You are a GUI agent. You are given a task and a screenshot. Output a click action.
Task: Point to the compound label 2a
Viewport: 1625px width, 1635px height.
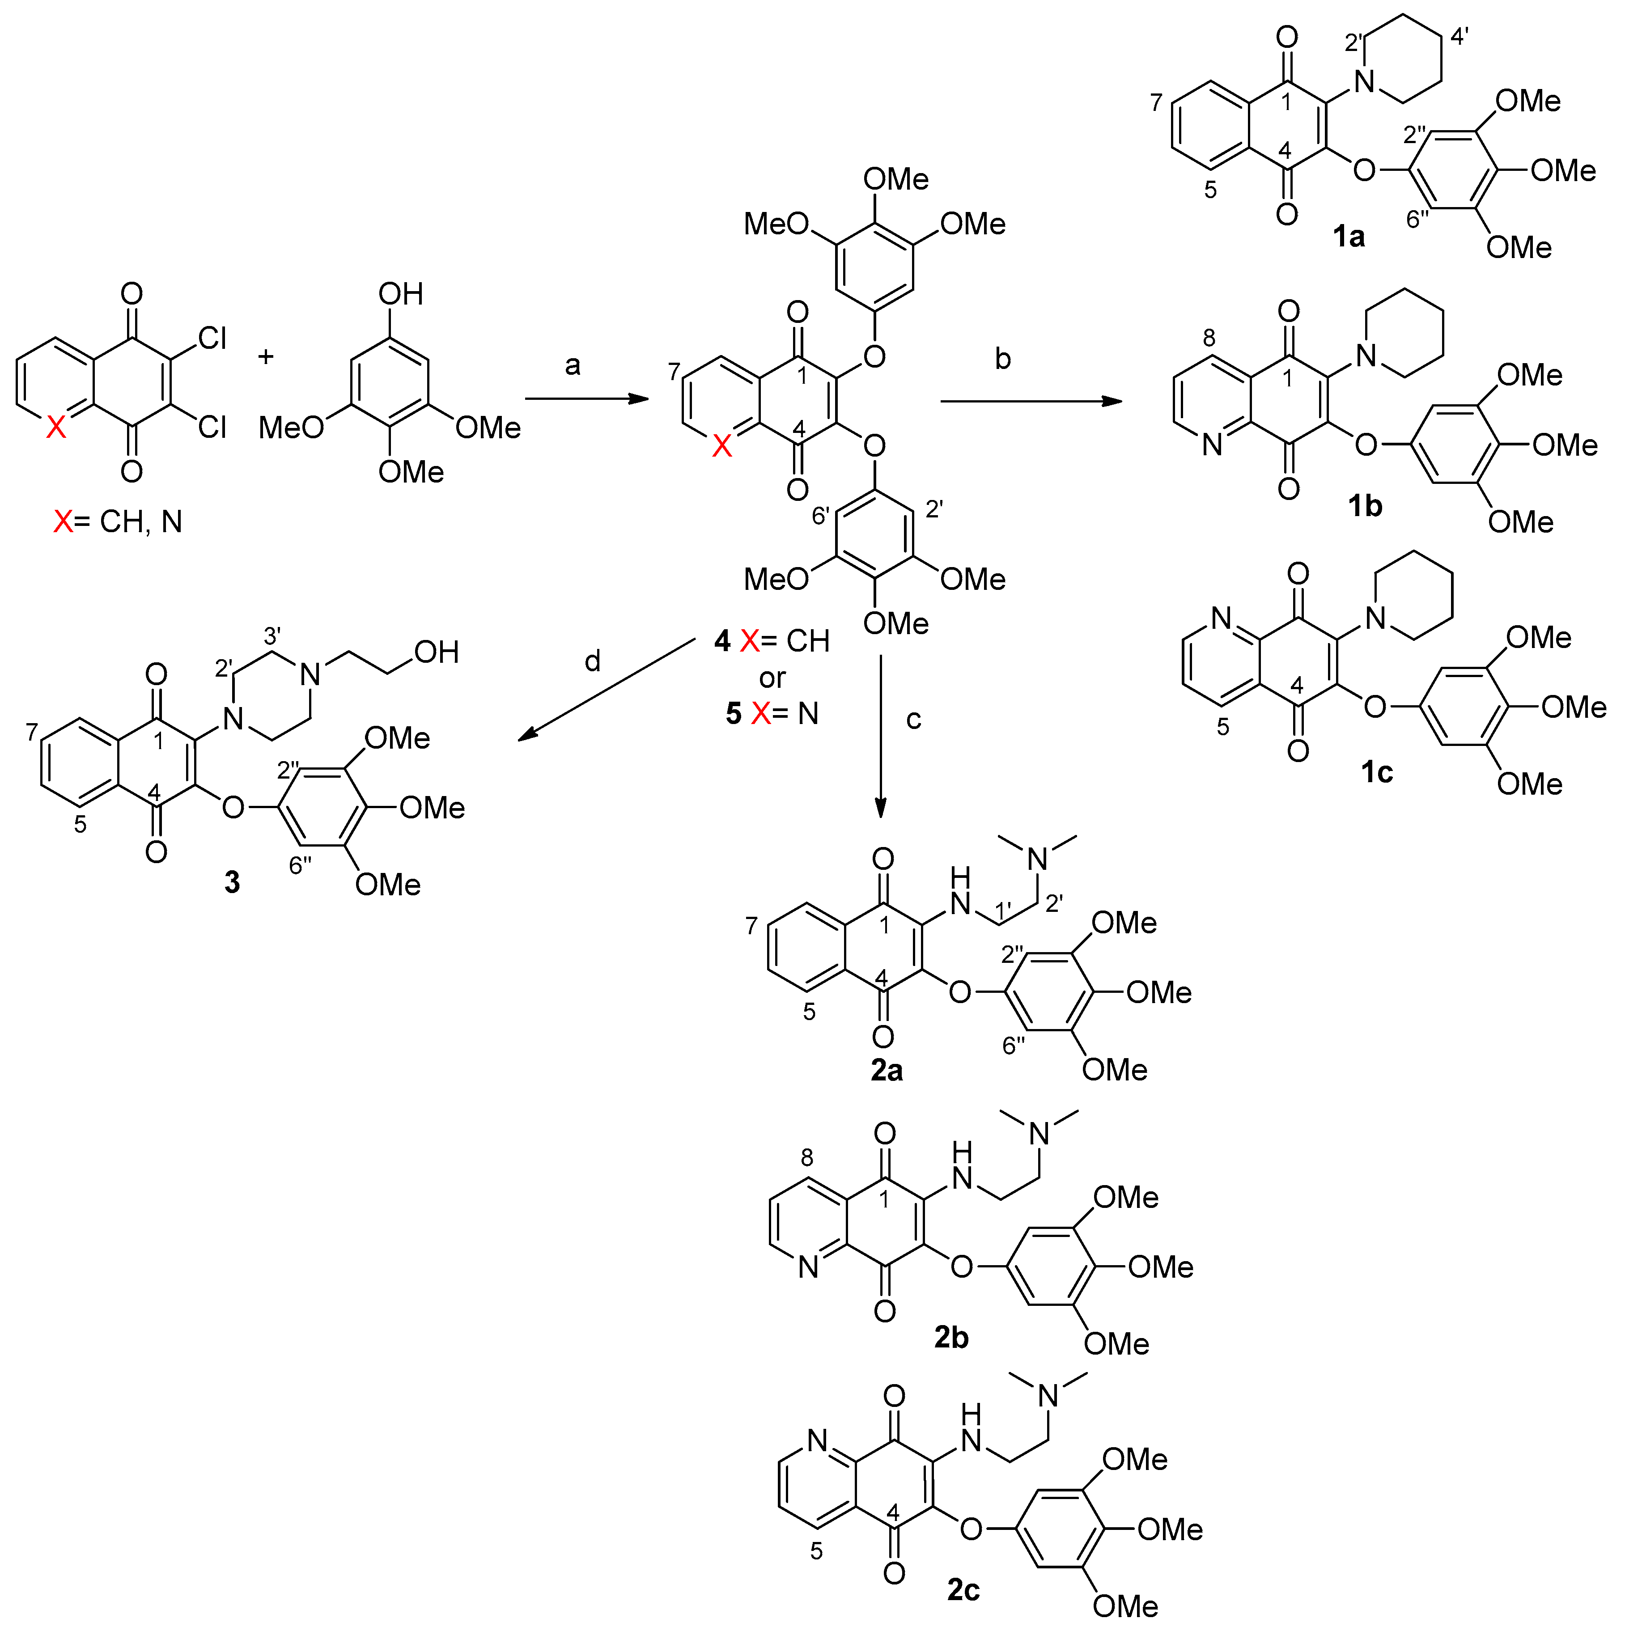(886, 1071)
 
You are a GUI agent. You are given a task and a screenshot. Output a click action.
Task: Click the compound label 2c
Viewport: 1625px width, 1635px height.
(963, 1590)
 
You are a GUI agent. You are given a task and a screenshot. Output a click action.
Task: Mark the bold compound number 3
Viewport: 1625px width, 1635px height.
(232, 883)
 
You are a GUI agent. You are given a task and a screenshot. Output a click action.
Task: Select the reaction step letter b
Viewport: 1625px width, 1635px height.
(1003, 359)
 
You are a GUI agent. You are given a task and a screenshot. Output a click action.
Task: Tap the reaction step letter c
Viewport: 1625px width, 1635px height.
(913, 719)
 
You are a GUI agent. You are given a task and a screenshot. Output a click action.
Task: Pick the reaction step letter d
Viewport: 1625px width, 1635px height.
(593, 661)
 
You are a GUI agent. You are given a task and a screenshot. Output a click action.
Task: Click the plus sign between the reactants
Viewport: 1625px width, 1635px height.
(266, 356)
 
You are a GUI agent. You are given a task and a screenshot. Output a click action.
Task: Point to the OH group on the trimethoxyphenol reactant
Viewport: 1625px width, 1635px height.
(400, 295)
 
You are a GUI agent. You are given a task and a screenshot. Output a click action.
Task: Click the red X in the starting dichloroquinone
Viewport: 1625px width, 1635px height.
(56, 428)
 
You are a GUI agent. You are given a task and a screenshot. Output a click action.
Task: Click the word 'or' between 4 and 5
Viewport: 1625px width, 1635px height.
(772, 678)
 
